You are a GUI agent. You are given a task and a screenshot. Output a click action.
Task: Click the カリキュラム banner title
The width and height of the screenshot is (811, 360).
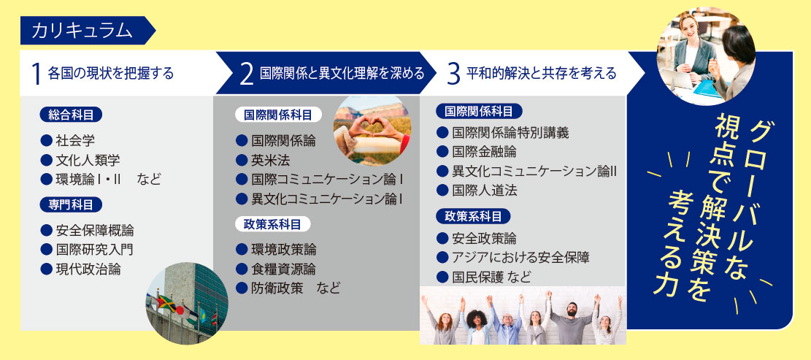coord(82,31)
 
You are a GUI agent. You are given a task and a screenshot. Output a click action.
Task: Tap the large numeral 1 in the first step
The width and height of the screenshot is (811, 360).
coord(36,74)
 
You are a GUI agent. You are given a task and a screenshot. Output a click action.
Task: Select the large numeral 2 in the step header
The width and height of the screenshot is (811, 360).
coord(247,74)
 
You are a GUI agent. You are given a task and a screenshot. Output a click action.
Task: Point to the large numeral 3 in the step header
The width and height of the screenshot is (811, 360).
coord(453,74)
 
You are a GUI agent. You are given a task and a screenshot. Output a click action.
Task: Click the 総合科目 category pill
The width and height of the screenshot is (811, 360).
coord(71,115)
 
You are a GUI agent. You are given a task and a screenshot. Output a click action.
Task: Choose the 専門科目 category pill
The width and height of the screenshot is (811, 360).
coord(71,204)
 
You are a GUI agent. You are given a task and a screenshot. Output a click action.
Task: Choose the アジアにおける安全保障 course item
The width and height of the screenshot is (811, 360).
coord(520,257)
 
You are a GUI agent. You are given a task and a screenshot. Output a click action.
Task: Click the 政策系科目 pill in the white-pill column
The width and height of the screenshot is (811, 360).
coord(272,224)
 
